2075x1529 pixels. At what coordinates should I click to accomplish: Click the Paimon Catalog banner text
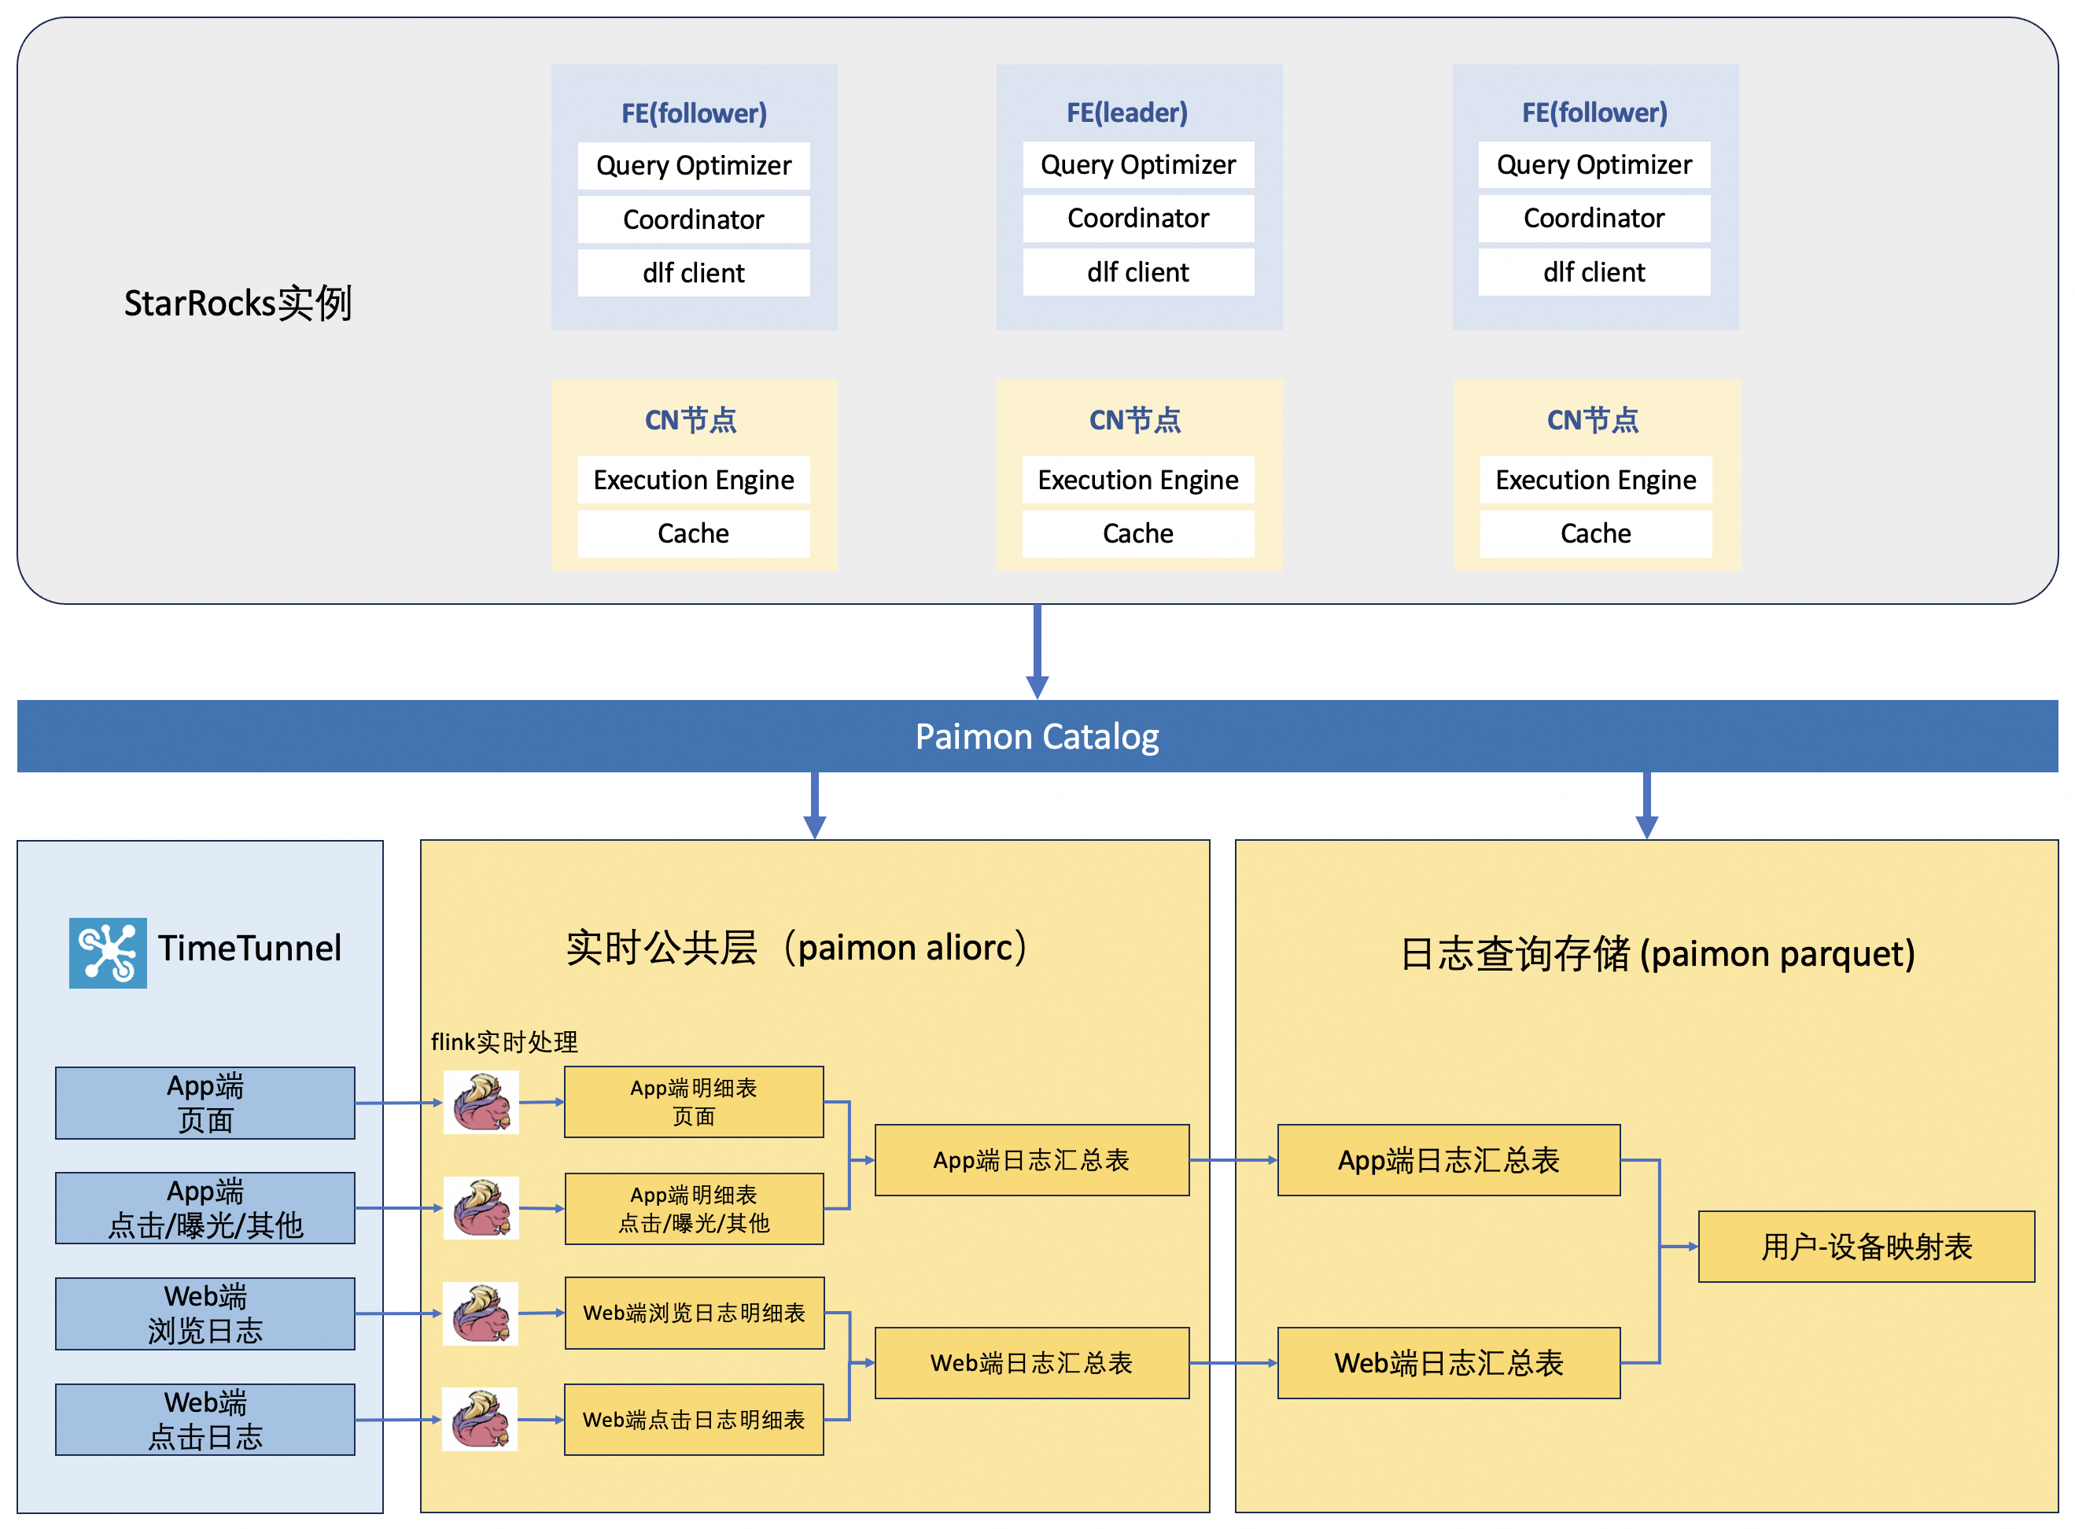point(1037,737)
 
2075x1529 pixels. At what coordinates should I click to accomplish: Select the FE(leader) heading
point(1126,113)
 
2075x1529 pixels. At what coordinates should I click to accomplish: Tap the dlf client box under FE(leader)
point(1137,272)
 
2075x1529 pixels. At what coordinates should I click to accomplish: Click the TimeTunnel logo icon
point(107,952)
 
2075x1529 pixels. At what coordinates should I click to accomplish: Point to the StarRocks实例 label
point(238,303)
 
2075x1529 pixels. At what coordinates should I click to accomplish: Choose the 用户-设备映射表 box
point(1866,1246)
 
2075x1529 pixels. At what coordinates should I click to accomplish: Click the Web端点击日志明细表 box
point(694,1419)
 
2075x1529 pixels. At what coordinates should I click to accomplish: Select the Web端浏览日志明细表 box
point(694,1313)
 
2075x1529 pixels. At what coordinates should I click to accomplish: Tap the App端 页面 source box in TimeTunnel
point(205,1103)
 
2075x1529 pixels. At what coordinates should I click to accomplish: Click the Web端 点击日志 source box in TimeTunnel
point(205,1419)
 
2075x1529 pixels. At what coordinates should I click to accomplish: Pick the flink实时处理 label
point(503,1042)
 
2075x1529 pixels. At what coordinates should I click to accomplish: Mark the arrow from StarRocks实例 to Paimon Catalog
point(1037,651)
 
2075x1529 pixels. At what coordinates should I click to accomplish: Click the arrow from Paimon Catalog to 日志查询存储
point(1646,805)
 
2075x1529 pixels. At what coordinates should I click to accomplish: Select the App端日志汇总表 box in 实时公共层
point(1032,1159)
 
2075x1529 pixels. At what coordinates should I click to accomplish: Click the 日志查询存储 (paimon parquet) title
point(1657,953)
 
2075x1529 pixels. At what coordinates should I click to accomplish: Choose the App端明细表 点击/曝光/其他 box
point(694,1208)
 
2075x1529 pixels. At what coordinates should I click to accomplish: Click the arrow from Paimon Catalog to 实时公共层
point(814,805)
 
